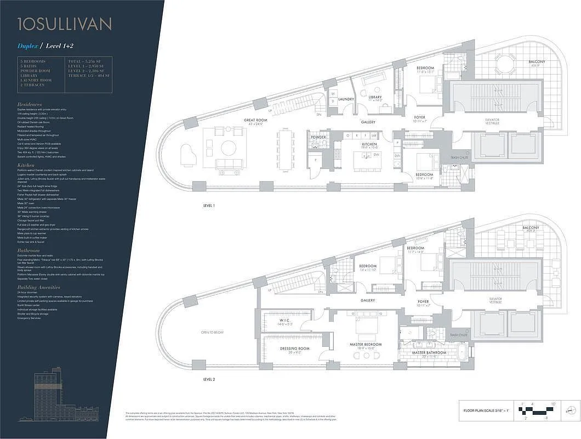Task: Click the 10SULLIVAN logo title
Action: click(x=65, y=24)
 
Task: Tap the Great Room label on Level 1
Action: click(x=255, y=121)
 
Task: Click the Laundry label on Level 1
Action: click(x=346, y=99)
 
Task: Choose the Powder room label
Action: click(x=318, y=137)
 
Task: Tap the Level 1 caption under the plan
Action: click(x=209, y=205)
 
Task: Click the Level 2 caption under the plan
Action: click(x=209, y=379)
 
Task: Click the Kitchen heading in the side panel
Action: click(x=26, y=164)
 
